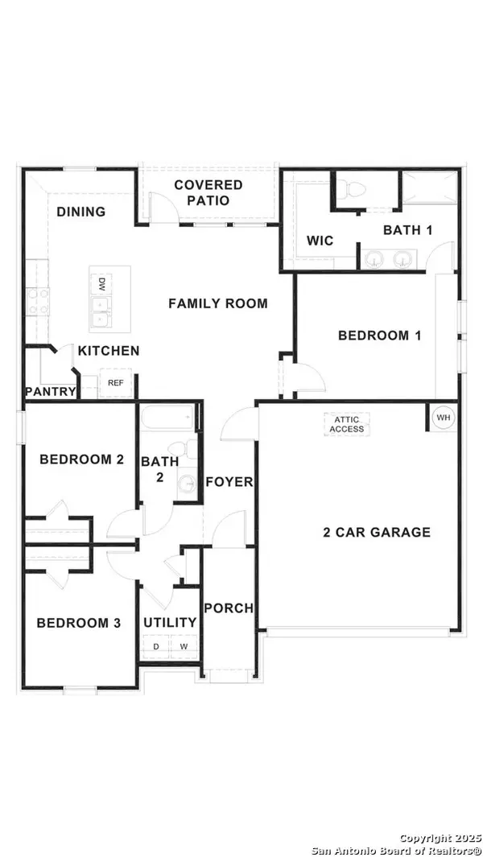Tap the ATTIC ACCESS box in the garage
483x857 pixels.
(x=347, y=424)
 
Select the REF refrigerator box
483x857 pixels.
(x=116, y=383)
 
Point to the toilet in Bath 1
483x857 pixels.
(x=351, y=189)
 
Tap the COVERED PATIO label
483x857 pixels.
(x=208, y=193)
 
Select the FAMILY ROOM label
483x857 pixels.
(x=217, y=303)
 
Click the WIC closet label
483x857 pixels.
(x=320, y=241)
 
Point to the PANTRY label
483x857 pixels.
(x=51, y=392)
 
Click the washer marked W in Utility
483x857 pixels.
(x=184, y=646)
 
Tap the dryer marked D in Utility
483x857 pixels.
(x=155, y=646)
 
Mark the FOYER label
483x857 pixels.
(x=229, y=482)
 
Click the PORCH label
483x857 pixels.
(x=228, y=608)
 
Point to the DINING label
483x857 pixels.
(x=80, y=212)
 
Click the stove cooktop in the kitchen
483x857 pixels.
(x=36, y=303)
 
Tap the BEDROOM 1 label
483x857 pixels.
(x=379, y=336)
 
